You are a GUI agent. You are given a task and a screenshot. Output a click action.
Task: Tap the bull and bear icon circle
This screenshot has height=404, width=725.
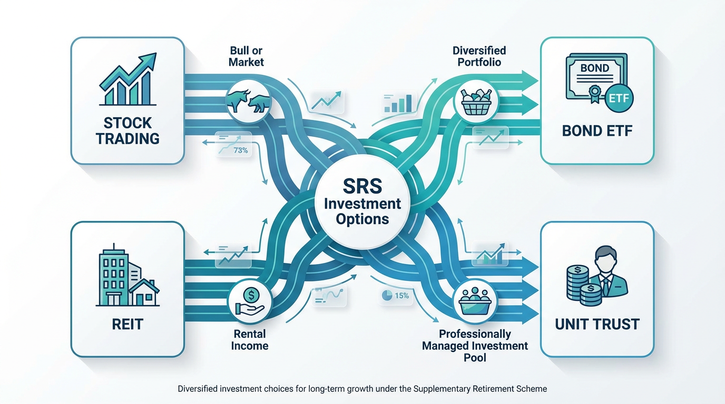coord(248,99)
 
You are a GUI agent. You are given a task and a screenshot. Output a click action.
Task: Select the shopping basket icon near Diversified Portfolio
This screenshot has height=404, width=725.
coord(475,99)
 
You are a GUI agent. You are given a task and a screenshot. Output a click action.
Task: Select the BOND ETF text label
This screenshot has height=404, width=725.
coord(597,130)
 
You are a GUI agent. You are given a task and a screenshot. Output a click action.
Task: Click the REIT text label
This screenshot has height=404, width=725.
coord(128,324)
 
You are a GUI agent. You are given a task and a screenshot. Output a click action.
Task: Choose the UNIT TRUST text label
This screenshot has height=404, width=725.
coord(597,324)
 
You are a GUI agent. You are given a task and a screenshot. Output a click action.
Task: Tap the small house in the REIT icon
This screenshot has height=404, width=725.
coord(144,293)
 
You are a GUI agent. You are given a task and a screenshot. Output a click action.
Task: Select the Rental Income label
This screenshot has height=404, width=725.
coord(250,340)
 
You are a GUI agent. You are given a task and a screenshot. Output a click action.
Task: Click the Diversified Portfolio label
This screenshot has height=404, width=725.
coord(479,56)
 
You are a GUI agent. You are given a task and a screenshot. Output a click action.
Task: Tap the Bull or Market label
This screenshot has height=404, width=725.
coord(246,56)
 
